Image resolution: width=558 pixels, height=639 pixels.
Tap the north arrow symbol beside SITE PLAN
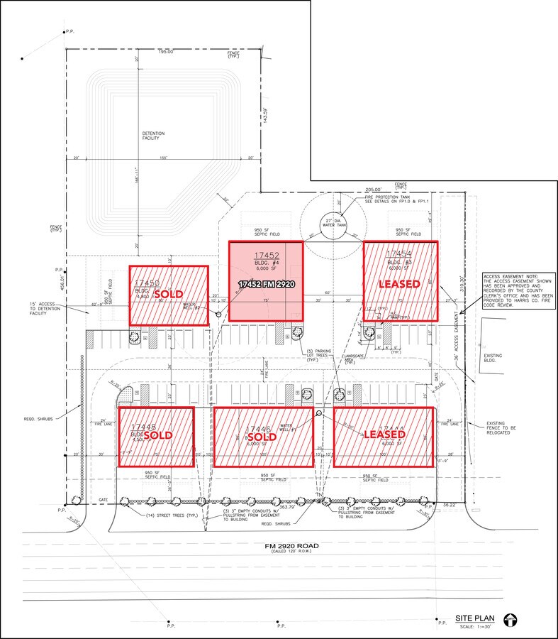coord(510,619)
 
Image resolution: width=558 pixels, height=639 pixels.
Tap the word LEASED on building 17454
coord(399,283)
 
